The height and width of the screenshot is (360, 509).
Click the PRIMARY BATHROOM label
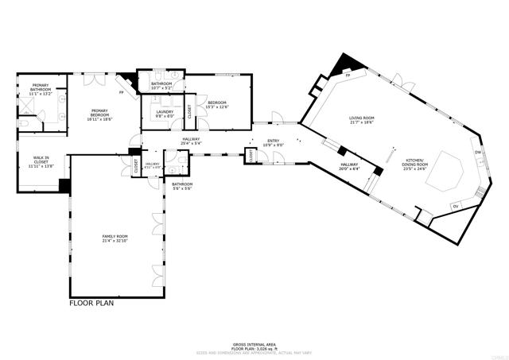tap(41, 87)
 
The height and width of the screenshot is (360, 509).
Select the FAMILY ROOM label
tap(115, 237)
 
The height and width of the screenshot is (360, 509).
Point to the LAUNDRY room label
tap(165, 111)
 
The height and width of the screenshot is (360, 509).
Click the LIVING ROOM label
tap(361, 118)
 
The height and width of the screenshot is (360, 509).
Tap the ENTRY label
tap(272, 141)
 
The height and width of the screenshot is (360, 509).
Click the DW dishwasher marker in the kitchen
tap(478, 153)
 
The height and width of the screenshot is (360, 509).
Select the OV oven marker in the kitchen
tap(455, 207)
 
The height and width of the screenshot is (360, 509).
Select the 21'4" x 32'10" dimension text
tap(115, 241)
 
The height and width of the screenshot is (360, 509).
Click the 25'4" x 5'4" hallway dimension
tap(191, 144)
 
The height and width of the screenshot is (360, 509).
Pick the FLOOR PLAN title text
tap(94, 303)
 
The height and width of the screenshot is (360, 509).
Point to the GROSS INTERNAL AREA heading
tap(254, 339)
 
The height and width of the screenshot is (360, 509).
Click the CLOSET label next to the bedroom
tap(189, 112)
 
